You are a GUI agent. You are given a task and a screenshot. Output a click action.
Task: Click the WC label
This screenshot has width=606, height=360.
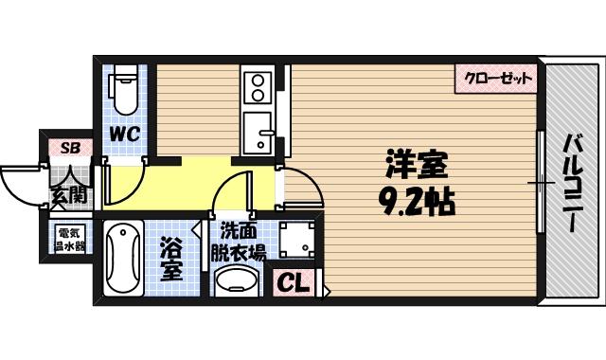pyautogui.click(x=123, y=135)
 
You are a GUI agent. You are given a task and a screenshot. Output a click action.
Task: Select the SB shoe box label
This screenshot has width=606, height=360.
pyautogui.click(x=71, y=147)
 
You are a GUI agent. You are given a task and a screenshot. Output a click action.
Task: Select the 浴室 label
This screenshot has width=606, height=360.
pyautogui.click(x=172, y=260)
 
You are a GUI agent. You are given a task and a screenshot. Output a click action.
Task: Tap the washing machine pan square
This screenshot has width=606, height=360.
pyautogui.click(x=297, y=238)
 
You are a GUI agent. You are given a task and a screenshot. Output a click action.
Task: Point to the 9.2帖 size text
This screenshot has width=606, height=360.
pyautogui.click(x=414, y=201)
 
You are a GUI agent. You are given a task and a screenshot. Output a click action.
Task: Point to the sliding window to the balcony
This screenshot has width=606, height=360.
pyautogui.click(x=541, y=181)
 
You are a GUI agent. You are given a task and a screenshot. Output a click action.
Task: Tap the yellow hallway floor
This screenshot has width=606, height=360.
pyautogui.click(x=189, y=180)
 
